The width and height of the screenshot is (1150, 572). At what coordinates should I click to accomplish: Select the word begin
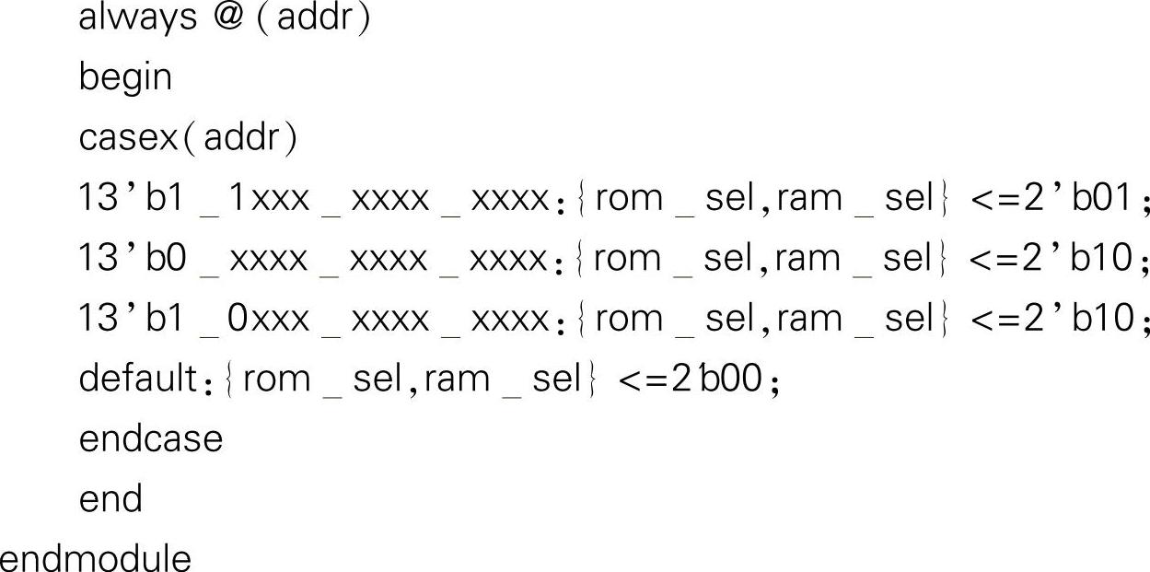(125, 78)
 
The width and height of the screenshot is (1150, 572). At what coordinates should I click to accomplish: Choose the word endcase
(151, 438)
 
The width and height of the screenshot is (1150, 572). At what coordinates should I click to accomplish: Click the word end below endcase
(110, 498)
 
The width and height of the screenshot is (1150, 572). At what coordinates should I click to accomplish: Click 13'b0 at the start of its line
(133, 258)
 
